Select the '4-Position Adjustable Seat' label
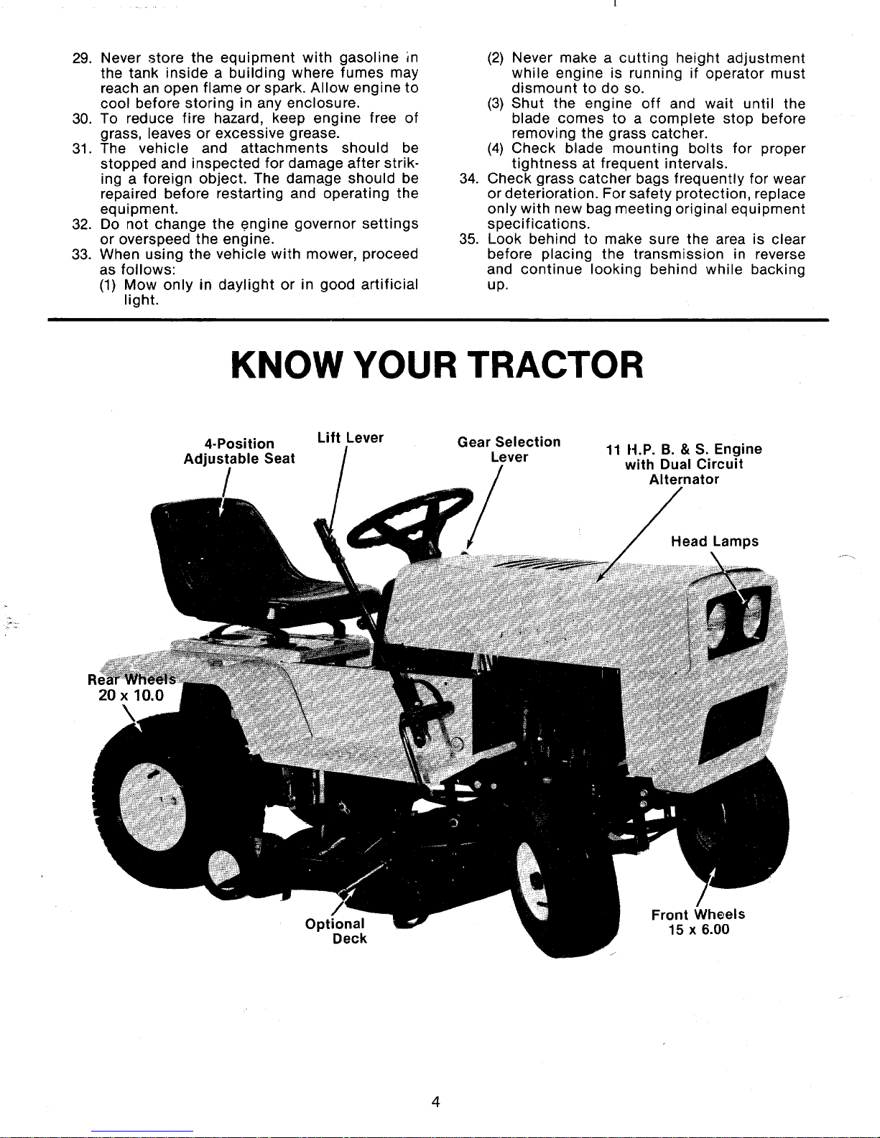239,451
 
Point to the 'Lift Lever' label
350,437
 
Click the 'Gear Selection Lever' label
509,449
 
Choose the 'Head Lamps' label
714,541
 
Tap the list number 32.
80,223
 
